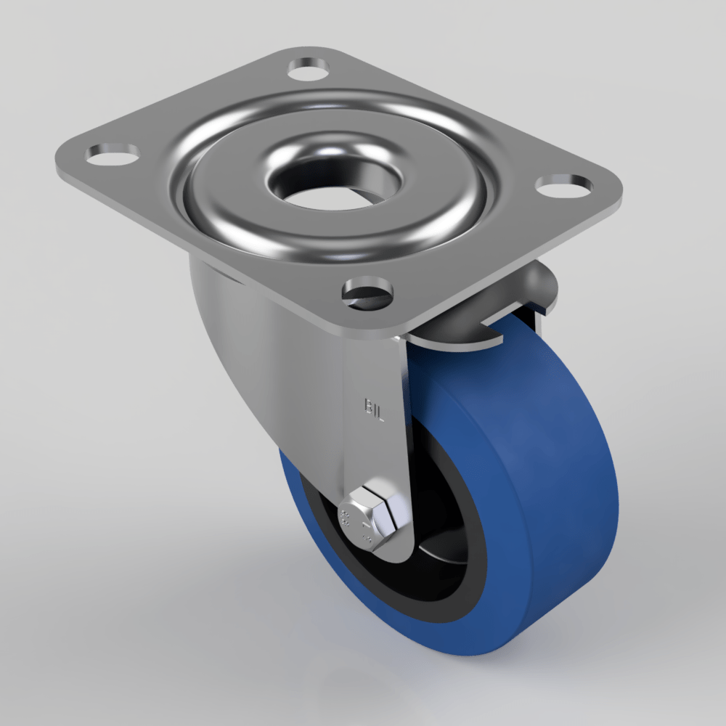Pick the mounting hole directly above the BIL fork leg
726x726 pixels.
pos(369,293)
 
